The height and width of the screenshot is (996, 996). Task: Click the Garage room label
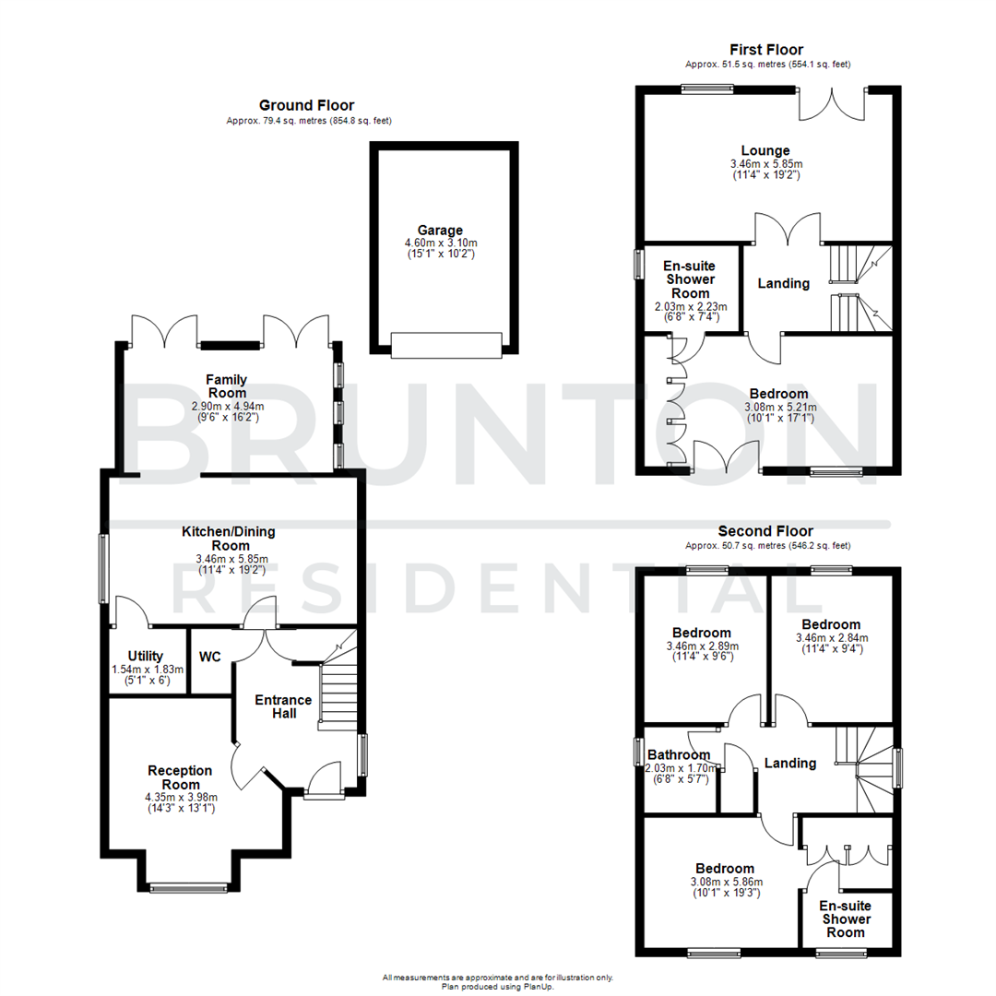click(439, 231)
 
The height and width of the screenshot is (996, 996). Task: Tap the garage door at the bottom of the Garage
click(445, 345)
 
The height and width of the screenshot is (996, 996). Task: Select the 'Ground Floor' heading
click(306, 106)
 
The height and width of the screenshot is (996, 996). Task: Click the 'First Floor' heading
click(767, 50)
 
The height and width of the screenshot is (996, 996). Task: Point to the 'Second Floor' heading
click(766, 531)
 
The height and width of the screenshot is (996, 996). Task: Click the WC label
click(209, 658)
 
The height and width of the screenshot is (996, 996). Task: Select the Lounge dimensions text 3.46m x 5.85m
click(765, 164)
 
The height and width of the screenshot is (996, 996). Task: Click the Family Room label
click(227, 385)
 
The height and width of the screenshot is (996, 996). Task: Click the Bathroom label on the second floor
click(679, 754)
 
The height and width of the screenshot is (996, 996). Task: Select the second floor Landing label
click(790, 763)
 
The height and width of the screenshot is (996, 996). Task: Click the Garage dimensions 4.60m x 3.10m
click(439, 243)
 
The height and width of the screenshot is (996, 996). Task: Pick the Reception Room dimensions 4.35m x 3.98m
click(181, 798)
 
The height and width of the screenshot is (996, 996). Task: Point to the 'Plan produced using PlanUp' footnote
click(497, 985)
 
